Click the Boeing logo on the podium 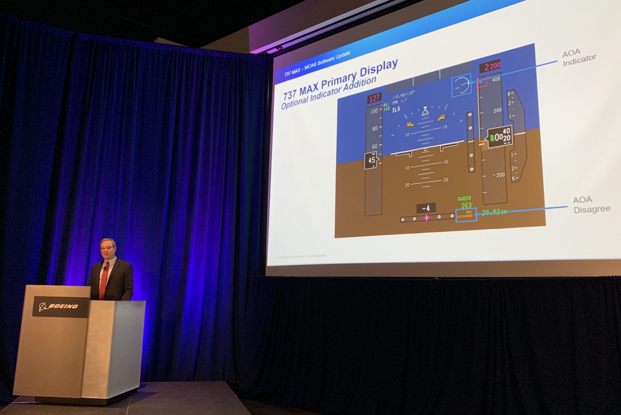point(59,306)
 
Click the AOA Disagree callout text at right point(591,205)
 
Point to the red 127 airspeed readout point(374,98)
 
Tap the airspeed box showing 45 point(371,161)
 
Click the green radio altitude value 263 point(466,205)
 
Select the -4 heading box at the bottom point(426,208)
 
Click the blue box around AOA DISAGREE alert point(466,215)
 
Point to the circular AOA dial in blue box point(462,85)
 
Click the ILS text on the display point(396,109)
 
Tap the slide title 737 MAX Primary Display point(340,79)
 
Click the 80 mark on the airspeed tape point(375,128)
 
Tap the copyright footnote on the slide point(302,256)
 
